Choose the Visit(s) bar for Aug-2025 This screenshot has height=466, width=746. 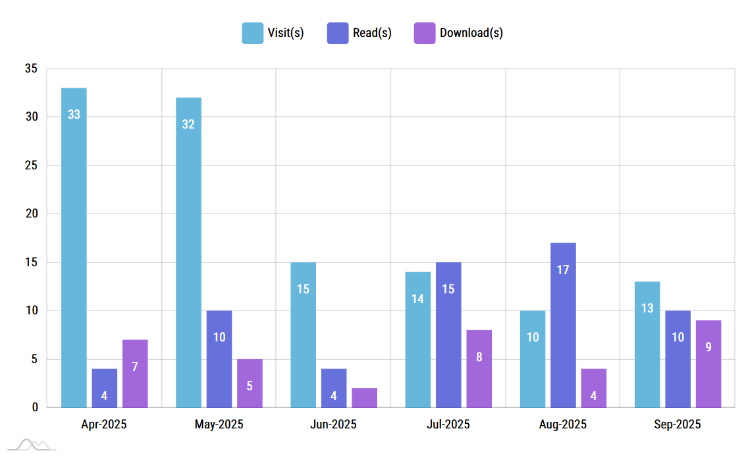533,359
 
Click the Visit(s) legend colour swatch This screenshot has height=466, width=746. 252,33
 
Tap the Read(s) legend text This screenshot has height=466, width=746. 372,33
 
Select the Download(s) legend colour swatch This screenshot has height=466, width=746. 425,33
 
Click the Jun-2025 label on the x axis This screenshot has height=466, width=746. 333,424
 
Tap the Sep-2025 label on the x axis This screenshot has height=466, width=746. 678,424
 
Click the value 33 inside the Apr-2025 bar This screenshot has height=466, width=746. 74,115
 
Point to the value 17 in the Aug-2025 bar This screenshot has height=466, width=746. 563,270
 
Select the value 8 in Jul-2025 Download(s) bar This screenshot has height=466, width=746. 479,357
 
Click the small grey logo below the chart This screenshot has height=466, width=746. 32,446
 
